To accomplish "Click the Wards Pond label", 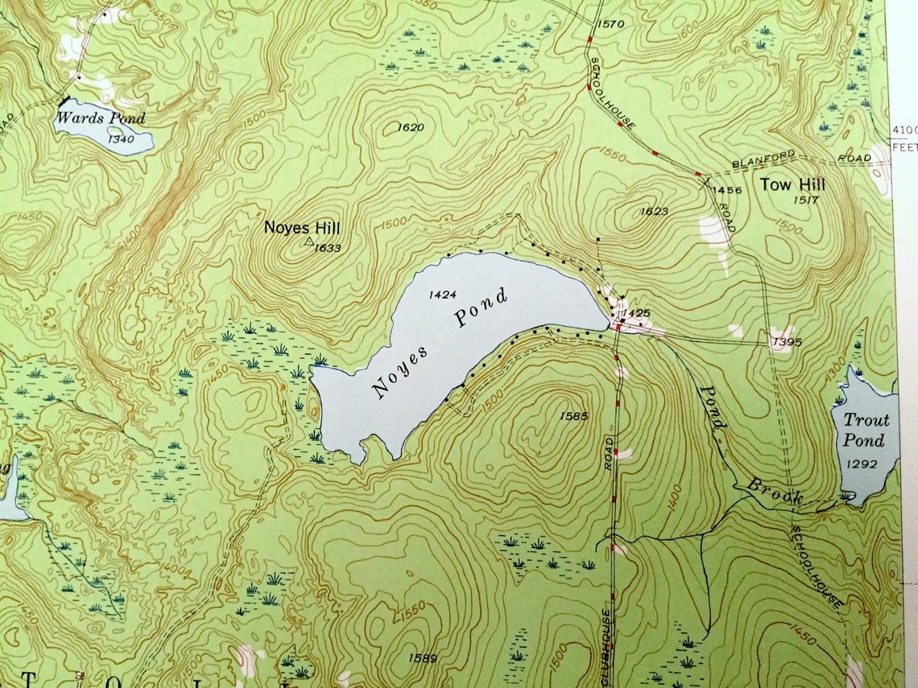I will (100, 118).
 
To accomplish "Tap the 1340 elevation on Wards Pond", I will (124, 138).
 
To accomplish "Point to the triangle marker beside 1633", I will (308, 241).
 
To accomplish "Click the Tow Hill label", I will (792, 184).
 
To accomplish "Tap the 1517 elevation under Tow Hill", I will (805, 200).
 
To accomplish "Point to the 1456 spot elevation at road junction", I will (727, 190).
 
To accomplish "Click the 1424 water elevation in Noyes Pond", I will (443, 295).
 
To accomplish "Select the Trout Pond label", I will (866, 430).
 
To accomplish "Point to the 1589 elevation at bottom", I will (422, 658).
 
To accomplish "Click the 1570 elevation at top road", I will (610, 24).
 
